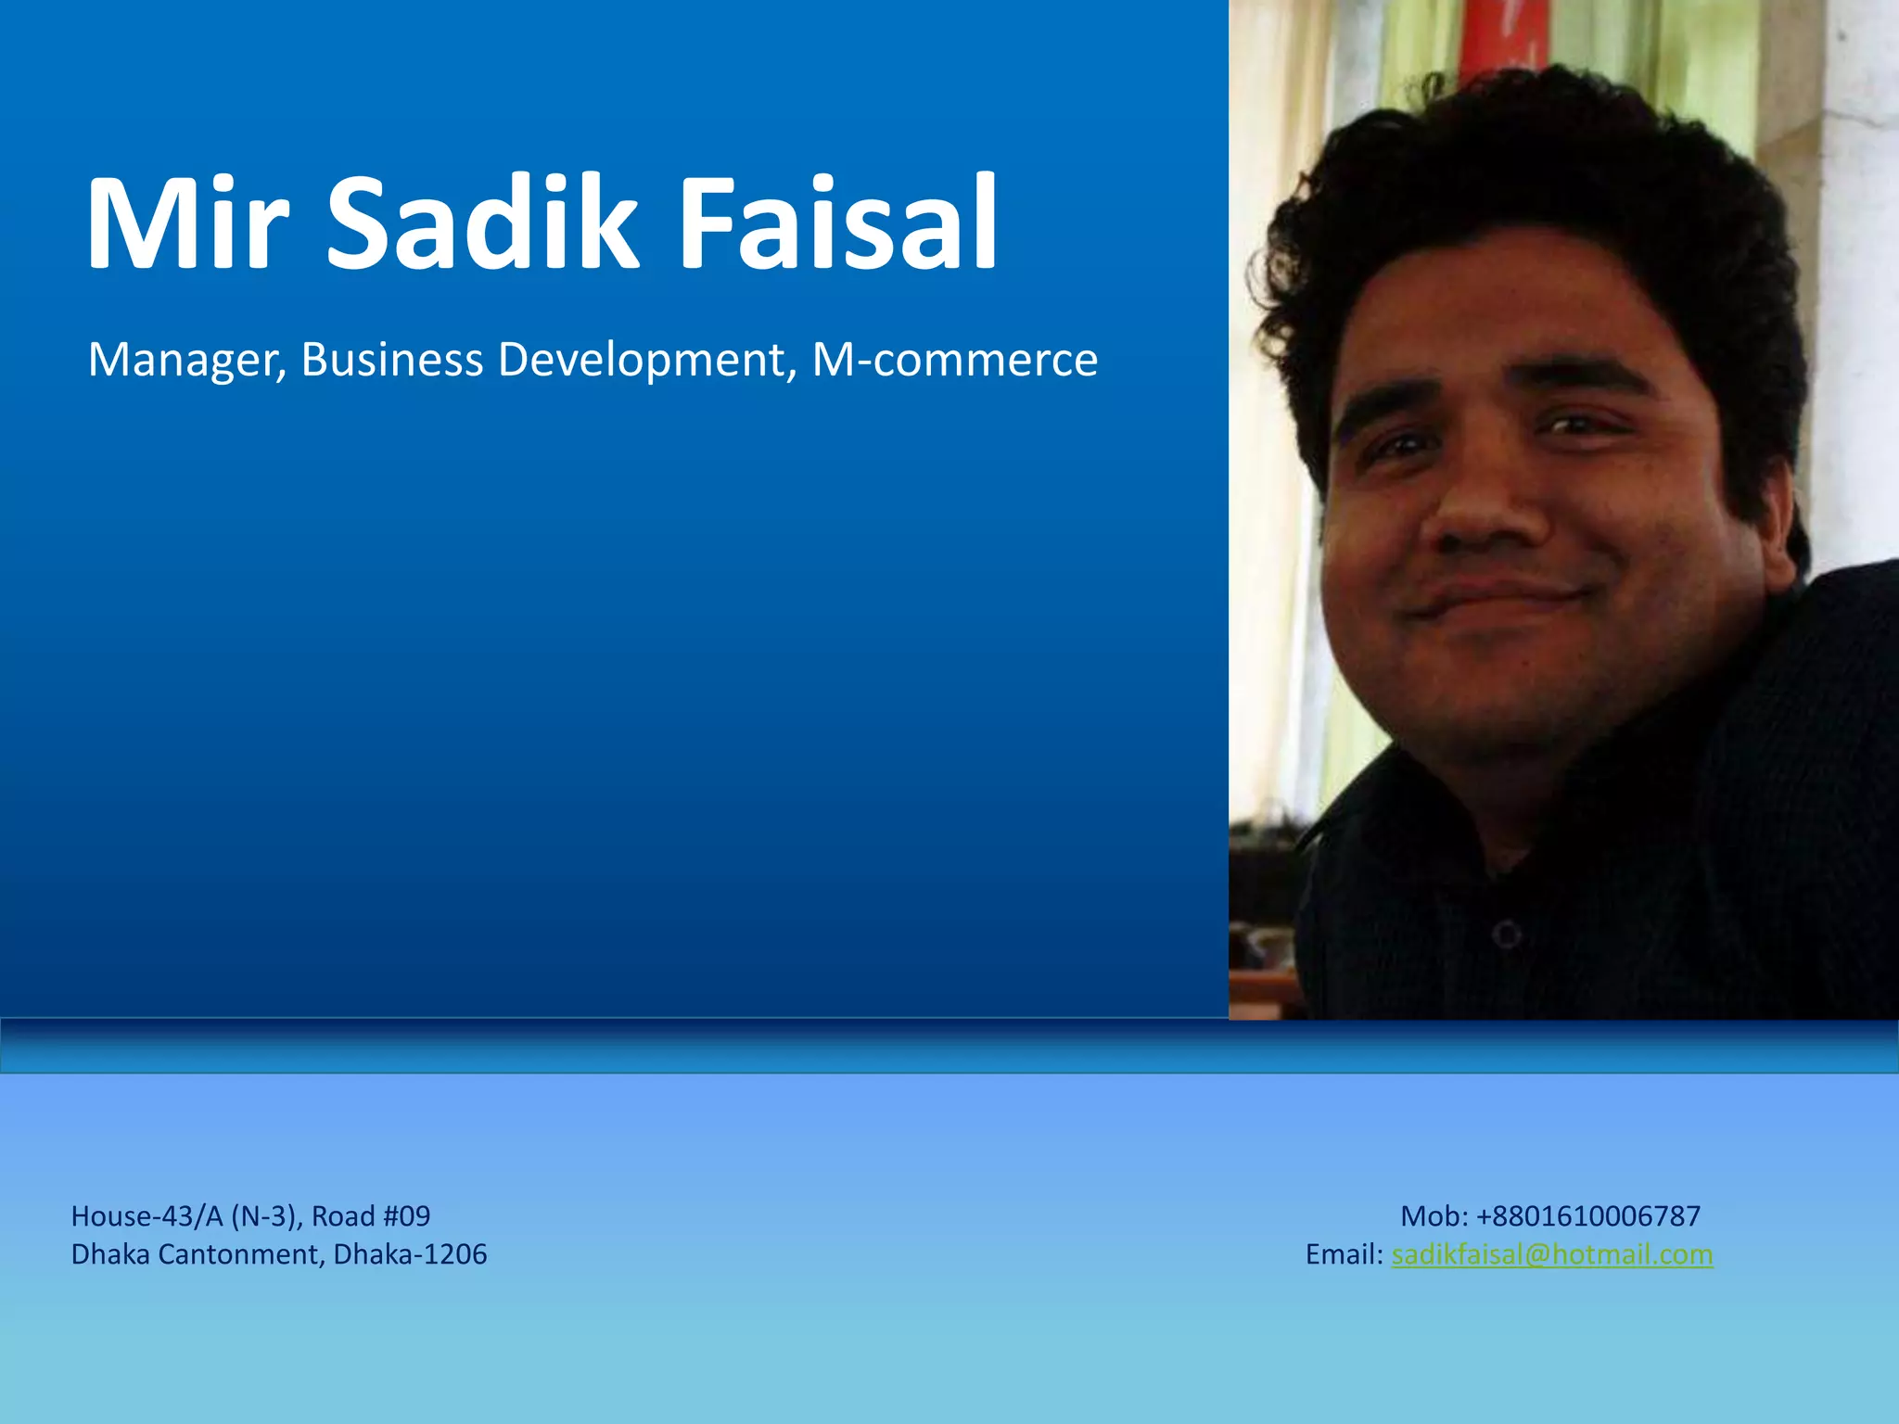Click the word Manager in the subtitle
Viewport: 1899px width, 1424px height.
point(186,360)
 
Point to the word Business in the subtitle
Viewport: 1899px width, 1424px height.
point(391,360)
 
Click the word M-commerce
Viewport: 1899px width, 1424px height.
point(954,360)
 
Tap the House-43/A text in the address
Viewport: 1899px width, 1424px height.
point(147,1216)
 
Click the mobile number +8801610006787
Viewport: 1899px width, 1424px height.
point(1588,1216)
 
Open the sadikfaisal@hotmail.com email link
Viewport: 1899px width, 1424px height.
point(1552,1254)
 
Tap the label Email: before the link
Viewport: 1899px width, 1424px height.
point(1344,1254)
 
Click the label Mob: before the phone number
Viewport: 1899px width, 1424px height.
point(1434,1216)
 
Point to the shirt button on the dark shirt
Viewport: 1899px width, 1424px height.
point(1507,934)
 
